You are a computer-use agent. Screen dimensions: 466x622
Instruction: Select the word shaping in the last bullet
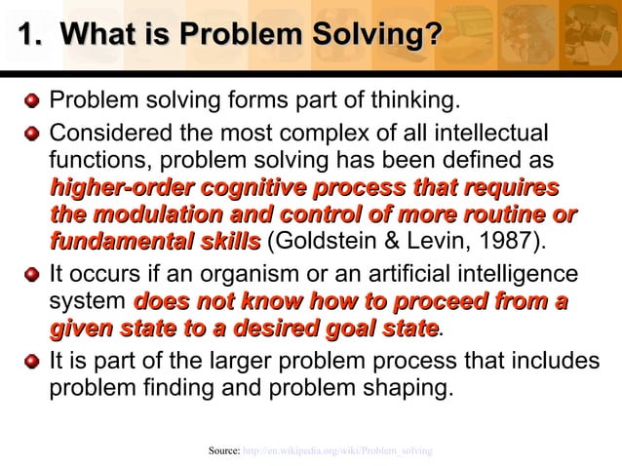click(408, 389)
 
